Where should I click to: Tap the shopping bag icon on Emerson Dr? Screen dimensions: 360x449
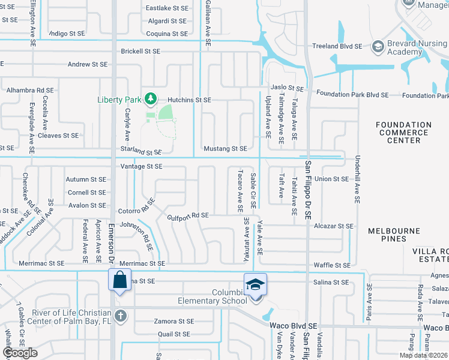[x=119, y=279]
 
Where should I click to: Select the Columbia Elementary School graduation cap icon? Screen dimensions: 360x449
[x=255, y=284]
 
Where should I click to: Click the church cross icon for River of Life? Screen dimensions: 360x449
[x=120, y=316]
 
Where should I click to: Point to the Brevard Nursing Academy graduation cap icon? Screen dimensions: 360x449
[x=378, y=46]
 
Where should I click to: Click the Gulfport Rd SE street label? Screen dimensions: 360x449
[x=188, y=215]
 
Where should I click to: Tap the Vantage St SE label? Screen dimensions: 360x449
[x=142, y=166]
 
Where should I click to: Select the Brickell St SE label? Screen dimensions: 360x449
[x=140, y=52]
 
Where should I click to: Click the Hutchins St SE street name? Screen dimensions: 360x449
[x=189, y=100]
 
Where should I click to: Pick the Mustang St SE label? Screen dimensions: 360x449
[x=225, y=148]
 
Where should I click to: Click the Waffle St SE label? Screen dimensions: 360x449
[x=332, y=265]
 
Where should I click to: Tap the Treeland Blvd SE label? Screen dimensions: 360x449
[x=337, y=46]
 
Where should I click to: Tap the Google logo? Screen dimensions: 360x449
[x=20, y=353]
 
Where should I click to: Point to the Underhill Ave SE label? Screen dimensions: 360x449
[x=357, y=175]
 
